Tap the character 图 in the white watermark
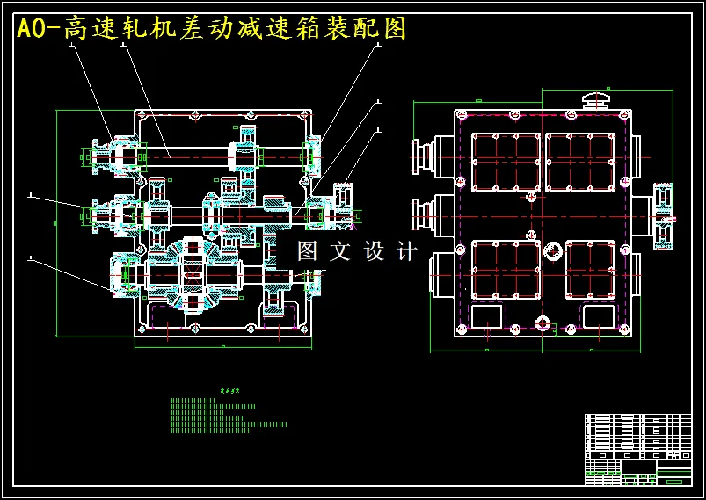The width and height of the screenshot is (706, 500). click(x=307, y=252)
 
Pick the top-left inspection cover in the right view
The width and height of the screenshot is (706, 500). click(x=506, y=161)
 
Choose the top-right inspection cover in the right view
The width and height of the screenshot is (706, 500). click(x=579, y=161)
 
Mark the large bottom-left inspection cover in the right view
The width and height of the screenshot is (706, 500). click(x=506, y=270)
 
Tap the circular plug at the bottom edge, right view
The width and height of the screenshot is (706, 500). click(x=542, y=323)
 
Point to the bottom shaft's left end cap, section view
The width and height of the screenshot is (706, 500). click(x=121, y=273)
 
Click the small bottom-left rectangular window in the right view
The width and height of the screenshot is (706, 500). click(x=487, y=316)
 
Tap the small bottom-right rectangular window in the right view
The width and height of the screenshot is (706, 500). click(x=599, y=316)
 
